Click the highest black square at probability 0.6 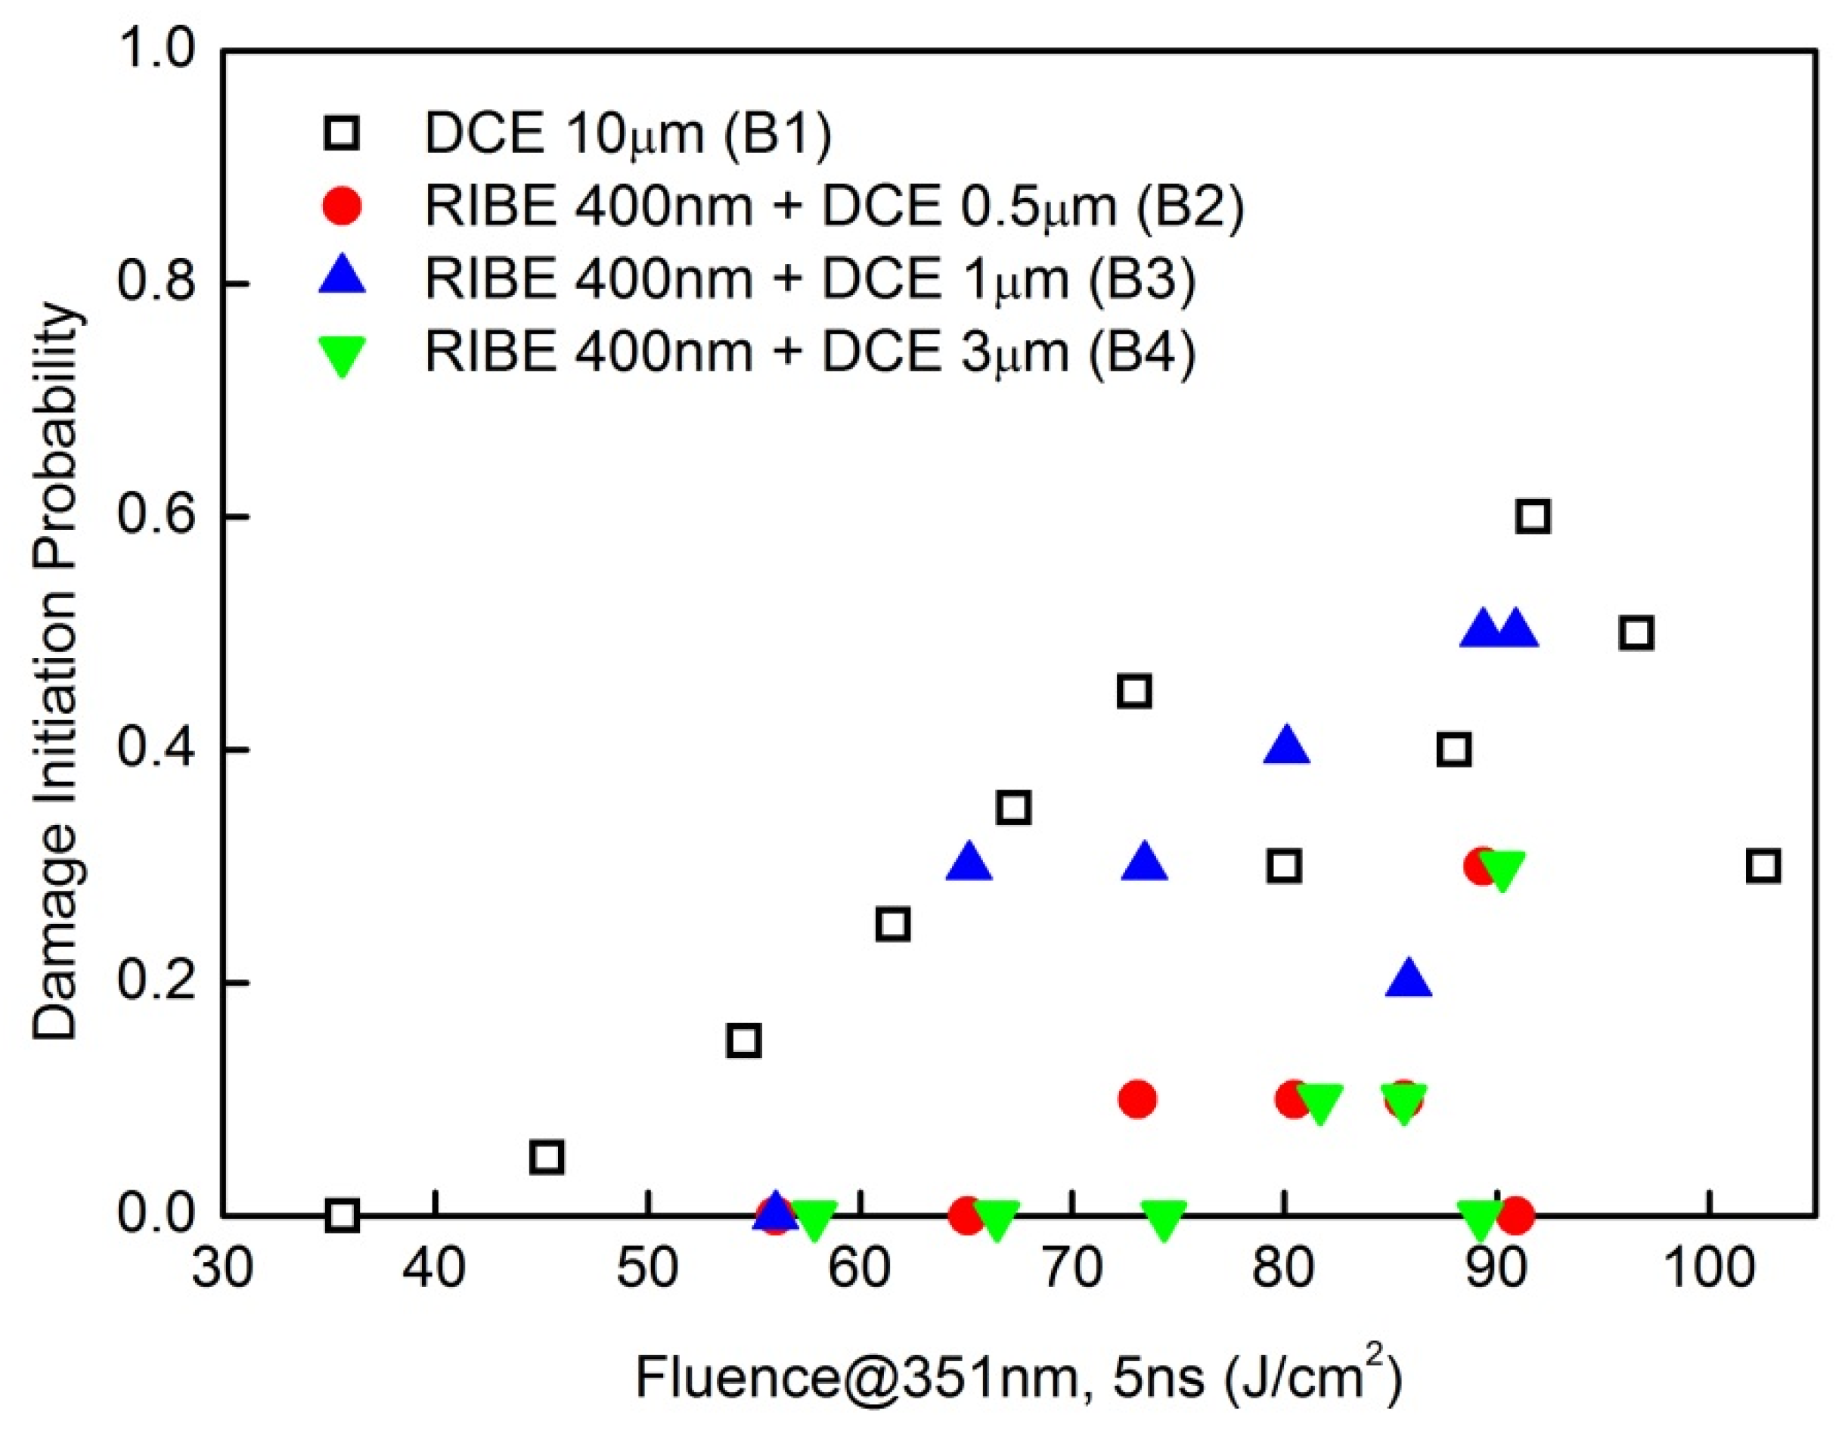point(1533,516)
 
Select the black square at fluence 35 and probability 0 point(342,1216)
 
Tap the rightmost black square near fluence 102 point(1763,866)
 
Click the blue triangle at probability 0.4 point(1285,746)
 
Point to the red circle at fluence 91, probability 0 point(1516,1216)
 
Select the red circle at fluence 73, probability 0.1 point(1137,1100)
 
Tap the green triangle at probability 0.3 point(1502,870)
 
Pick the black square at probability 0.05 point(547,1158)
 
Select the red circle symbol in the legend point(342,207)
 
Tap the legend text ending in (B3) point(809,279)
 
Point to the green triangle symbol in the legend point(342,355)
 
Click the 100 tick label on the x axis point(1708,1270)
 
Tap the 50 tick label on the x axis point(647,1270)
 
